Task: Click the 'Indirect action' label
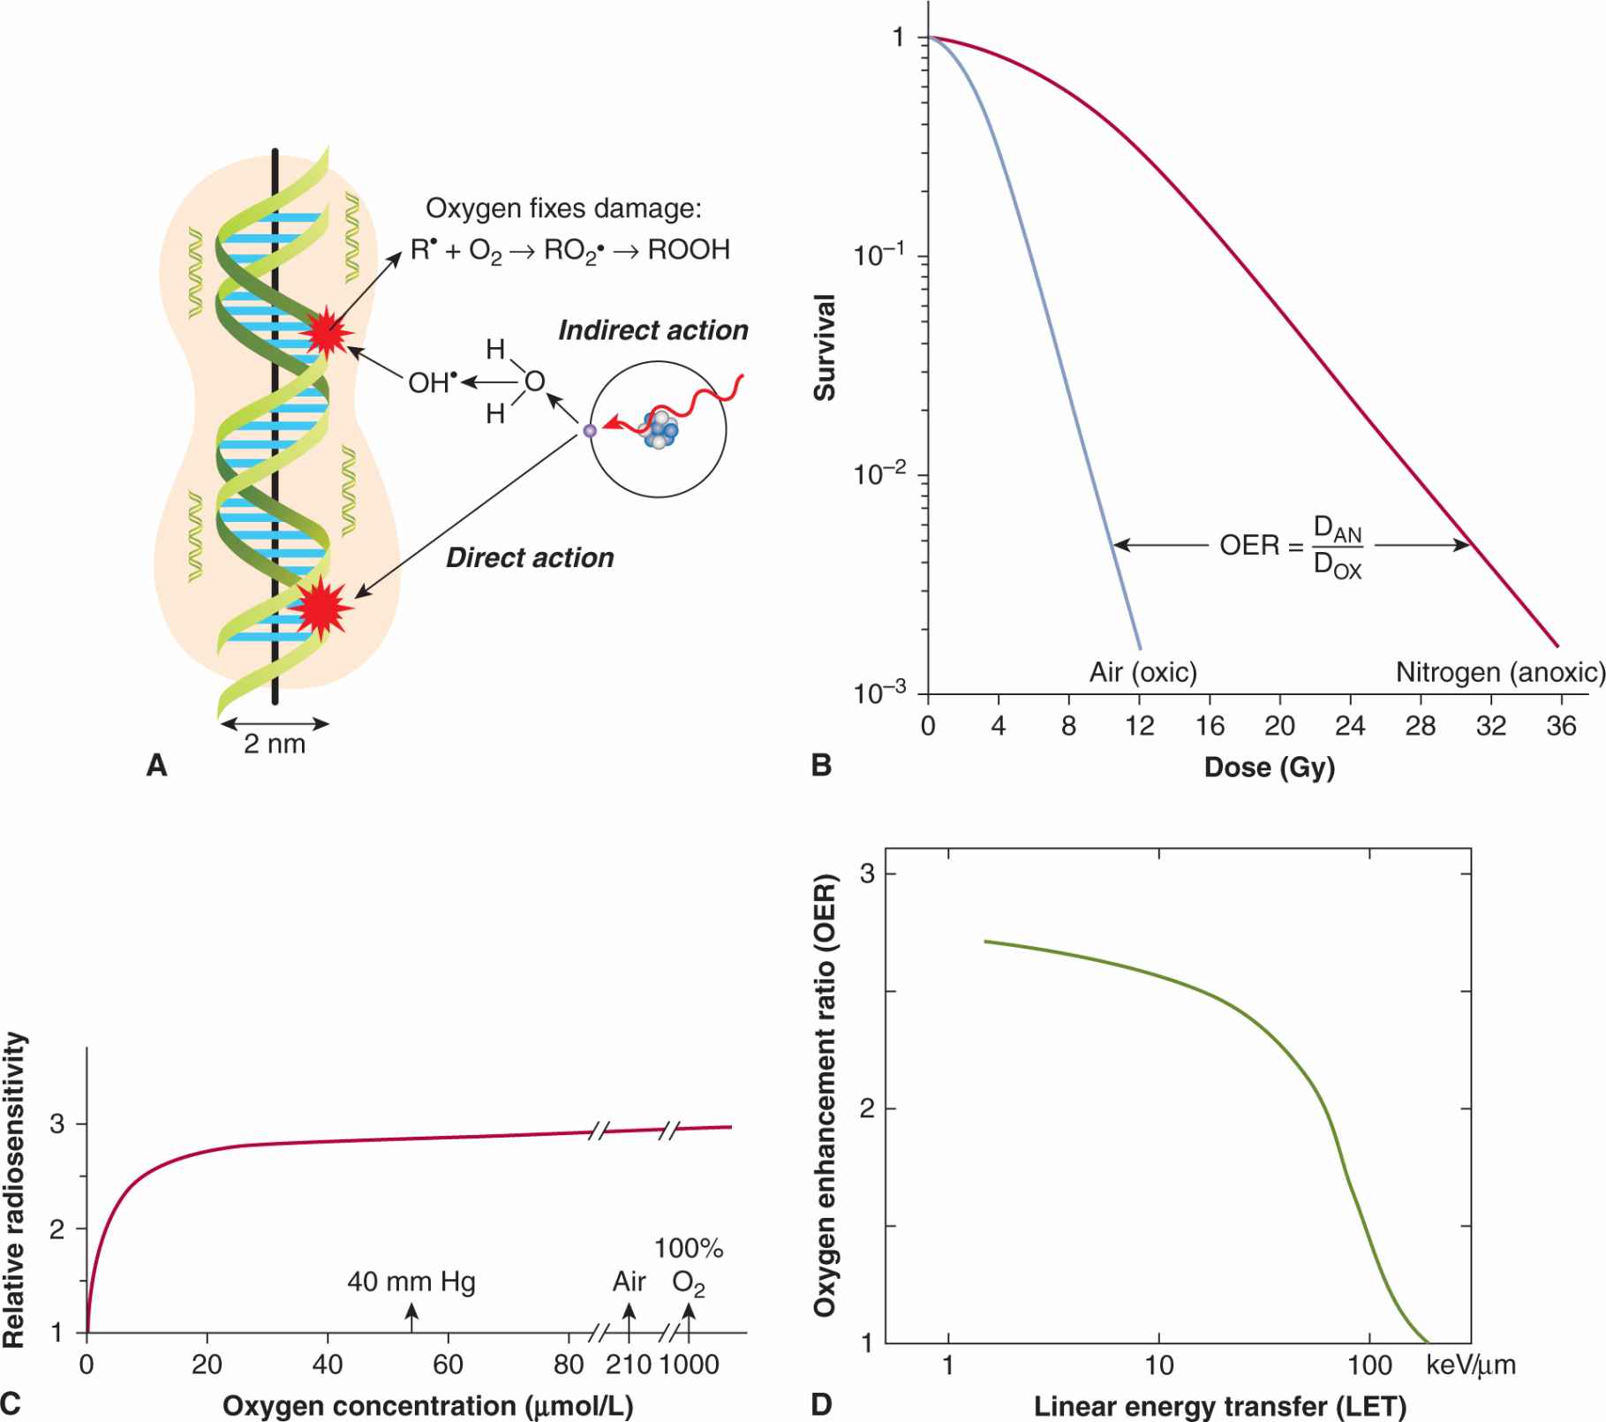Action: click(x=652, y=330)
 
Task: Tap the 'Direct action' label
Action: click(x=530, y=558)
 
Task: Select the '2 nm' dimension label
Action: click(x=275, y=745)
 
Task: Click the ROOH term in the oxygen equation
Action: click(x=689, y=250)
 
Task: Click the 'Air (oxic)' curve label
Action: click(x=1142, y=672)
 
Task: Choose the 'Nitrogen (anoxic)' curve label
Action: click(x=1499, y=672)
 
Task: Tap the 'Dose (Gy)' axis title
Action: click(x=1269, y=767)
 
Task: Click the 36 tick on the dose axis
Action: click(x=1560, y=726)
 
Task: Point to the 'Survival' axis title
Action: click(x=825, y=348)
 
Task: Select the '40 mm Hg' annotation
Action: click(x=411, y=1282)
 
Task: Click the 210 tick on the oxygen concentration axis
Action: click(x=628, y=1365)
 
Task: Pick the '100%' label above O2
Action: click(x=689, y=1248)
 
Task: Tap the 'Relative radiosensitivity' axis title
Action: click(x=14, y=1189)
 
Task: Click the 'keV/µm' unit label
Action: click(x=1470, y=1365)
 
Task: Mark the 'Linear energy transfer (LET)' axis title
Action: click(x=1219, y=1405)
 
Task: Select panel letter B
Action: click(x=821, y=765)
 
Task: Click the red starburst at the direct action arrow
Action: click(x=322, y=608)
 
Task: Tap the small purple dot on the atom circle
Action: click(x=590, y=431)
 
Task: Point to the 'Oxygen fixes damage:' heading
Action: click(x=563, y=208)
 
